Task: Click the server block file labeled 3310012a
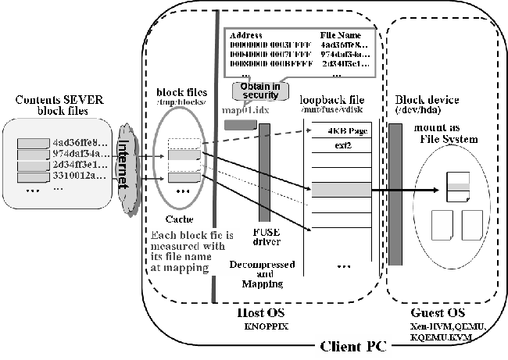pyautogui.click(x=74, y=177)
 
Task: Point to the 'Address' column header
pyautogui.click(x=245, y=35)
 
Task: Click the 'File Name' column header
pyautogui.click(x=341, y=35)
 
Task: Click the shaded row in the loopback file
pyautogui.click(x=335, y=189)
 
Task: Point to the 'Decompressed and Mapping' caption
pyautogui.click(x=256, y=274)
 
